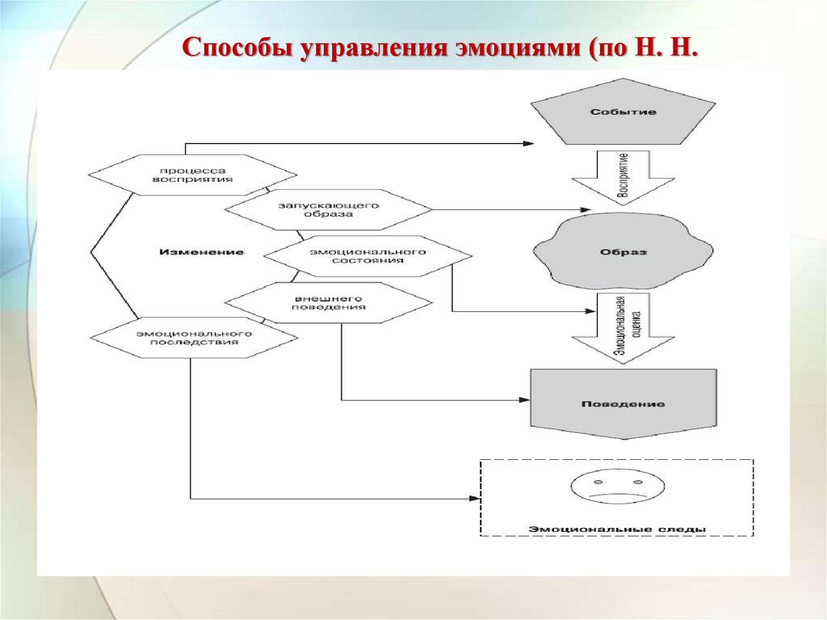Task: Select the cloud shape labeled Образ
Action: [623, 251]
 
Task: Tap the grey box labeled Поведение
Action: [623, 403]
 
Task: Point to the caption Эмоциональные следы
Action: [617, 529]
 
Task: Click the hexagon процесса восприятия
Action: [192, 175]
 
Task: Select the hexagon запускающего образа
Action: [329, 210]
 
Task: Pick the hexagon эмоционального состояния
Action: [367, 255]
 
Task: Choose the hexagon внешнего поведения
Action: [329, 302]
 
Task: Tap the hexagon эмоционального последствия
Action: [192, 337]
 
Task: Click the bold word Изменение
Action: [201, 252]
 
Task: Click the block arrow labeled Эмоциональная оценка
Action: [623, 327]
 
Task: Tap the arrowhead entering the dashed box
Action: [474, 499]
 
